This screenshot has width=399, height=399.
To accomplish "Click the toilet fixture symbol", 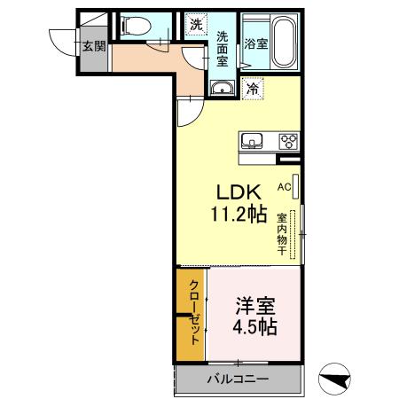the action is (x=136, y=26).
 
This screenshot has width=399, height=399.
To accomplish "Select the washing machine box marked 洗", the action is (x=196, y=25).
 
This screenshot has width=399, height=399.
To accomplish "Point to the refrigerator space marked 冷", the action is (x=253, y=89).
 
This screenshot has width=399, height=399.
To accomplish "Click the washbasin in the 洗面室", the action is (x=223, y=88).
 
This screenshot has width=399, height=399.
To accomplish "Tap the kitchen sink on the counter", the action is (x=252, y=141).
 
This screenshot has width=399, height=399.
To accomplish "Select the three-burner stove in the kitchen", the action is (x=289, y=141).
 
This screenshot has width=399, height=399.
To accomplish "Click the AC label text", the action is (x=285, y=187).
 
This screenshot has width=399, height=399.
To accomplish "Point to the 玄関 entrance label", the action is (x=94, y=46).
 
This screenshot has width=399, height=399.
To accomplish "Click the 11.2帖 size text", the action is (x=239, y=214).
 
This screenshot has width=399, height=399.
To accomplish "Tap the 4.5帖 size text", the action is (x=254, y=327).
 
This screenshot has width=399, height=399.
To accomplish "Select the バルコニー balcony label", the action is (x=239, y=379).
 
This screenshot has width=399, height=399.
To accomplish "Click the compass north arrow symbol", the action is (x=334, y=379).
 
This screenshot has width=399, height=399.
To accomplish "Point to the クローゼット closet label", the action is (x=194, y=312).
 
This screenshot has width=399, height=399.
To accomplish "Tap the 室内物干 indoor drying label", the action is (x=282, y=234).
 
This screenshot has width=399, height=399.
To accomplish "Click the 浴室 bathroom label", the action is (x=256, y=44).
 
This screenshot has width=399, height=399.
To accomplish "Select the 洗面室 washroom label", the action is (x=223, y=49).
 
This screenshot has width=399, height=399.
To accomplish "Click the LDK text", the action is (x=239, y=192).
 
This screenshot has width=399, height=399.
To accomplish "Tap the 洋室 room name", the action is (x=255, y=306).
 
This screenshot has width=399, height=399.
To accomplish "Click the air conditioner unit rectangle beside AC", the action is (x=295, y=186).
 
